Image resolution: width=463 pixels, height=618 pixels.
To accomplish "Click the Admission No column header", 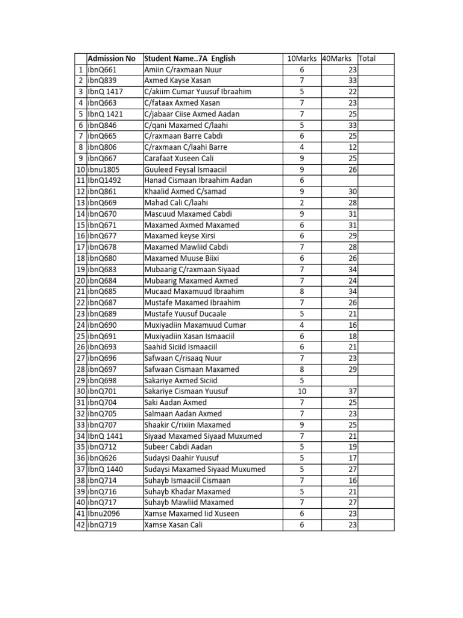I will [x=112, y=59].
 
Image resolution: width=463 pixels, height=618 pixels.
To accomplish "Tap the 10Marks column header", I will [x=301, y=59].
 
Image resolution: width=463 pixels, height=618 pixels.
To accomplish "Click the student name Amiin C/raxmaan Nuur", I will [x=175, y=69].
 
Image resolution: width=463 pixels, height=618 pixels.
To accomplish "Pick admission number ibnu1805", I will [x=104, y=170].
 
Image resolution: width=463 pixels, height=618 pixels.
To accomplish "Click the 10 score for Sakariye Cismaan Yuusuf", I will [x=302, y=392].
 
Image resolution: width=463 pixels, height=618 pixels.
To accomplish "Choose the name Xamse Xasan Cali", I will [x=174, y=525].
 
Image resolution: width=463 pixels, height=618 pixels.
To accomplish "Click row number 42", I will [x=80, y=525].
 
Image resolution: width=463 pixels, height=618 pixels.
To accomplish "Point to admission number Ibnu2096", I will [x=104, y=514].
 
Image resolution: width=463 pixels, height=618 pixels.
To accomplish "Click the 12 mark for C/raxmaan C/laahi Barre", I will [x=353, y=147].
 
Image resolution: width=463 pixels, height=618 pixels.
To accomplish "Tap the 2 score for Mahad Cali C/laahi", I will [x=302, y=203].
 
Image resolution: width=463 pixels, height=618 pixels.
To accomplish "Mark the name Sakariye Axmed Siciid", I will [x=181, y=380].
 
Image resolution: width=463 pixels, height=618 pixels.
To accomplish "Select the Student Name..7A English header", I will [x=190, y=59].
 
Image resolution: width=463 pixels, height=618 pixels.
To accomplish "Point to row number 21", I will [x=80, y=291].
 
